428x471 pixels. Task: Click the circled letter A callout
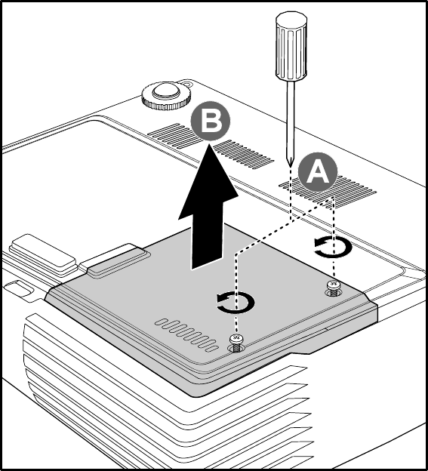(318, 172)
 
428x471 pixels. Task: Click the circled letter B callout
(211, 121)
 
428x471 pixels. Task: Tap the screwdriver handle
(291, 46)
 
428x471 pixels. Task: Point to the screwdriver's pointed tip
(290, 166)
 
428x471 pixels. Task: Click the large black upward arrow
(208, 208)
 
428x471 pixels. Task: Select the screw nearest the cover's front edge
(237, 343)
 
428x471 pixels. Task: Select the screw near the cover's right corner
(333, 288)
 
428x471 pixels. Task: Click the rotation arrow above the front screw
(236, 303)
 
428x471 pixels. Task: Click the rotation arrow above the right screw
(333, 247)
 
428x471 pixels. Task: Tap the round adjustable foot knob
(166, 96)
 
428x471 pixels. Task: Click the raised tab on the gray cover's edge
(119, 260)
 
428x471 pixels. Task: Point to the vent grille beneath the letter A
(328, 192)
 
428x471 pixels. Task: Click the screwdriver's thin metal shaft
(290, 122)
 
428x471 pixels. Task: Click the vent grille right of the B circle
(244, 155)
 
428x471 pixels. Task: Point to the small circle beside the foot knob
(186, 84)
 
